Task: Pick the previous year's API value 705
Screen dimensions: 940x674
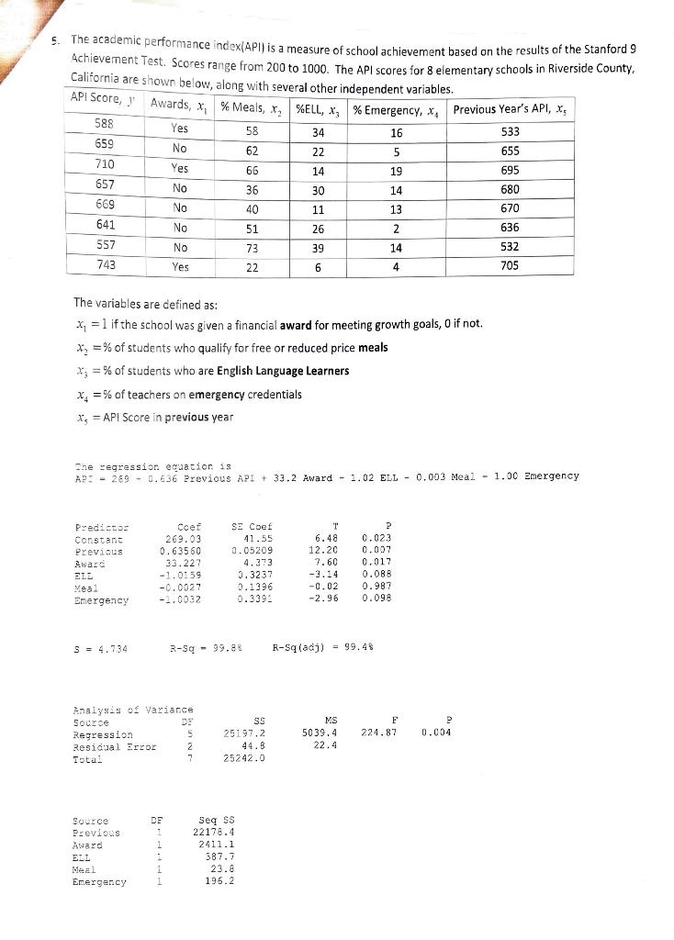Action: click(x=511, y=265)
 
